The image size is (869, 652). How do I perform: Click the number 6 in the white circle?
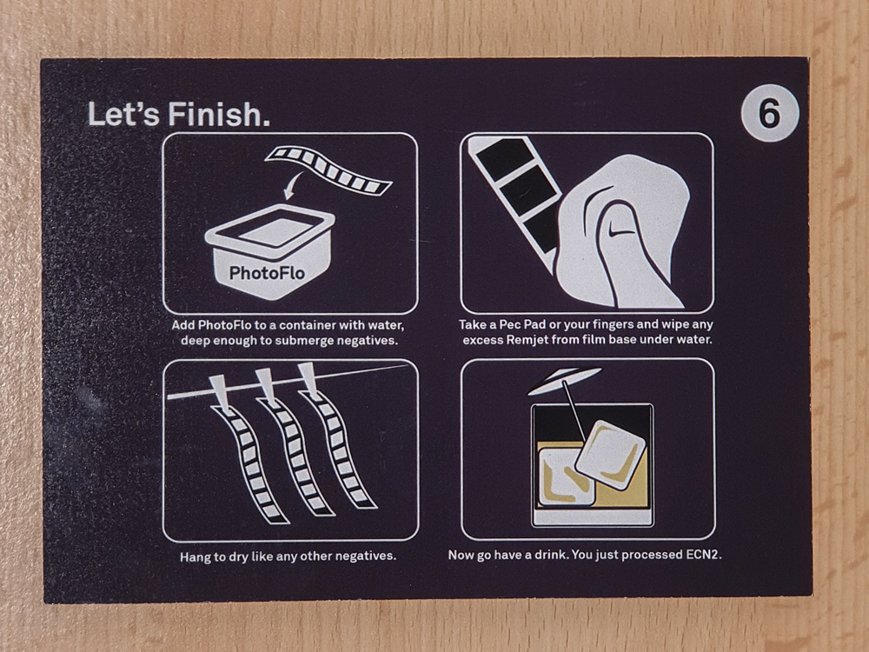769,113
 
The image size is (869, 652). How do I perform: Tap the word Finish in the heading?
220,114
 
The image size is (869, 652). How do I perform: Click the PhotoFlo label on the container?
267,273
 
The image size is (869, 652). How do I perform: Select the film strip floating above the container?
328,170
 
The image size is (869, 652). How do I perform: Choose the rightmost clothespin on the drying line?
308,381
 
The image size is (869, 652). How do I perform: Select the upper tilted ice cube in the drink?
611,455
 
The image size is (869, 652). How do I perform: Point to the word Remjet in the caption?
525,339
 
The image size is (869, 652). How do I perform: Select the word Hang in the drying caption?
193,556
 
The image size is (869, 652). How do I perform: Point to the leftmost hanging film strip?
249,464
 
